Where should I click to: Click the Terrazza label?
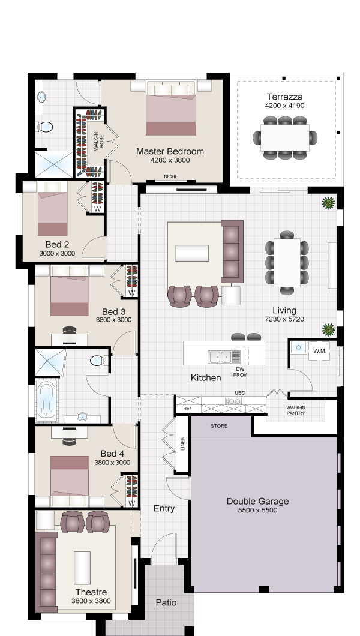tap(284, 97)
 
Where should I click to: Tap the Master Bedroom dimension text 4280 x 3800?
tap(170, 160)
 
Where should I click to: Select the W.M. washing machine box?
tap(319, 351)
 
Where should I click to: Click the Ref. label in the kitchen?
tap(187, 409)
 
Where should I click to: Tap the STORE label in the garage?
tap(219, 426)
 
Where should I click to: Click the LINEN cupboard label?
tap(182, 443)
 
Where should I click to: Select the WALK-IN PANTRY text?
tap(296, 410)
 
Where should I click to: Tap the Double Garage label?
tap(257, 502)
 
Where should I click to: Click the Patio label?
tap(166, 603)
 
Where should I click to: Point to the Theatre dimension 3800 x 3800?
tap(91, 601)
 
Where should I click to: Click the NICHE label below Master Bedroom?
tap(170, 176)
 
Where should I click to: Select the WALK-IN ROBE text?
tap(99, 142)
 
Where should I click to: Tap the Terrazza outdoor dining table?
tap(285, 137)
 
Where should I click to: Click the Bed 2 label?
tap(57, 244)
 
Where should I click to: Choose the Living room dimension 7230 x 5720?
tap(284, 319)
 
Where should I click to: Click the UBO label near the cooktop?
tap(240, 393)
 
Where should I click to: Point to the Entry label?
tap(164, 509)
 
